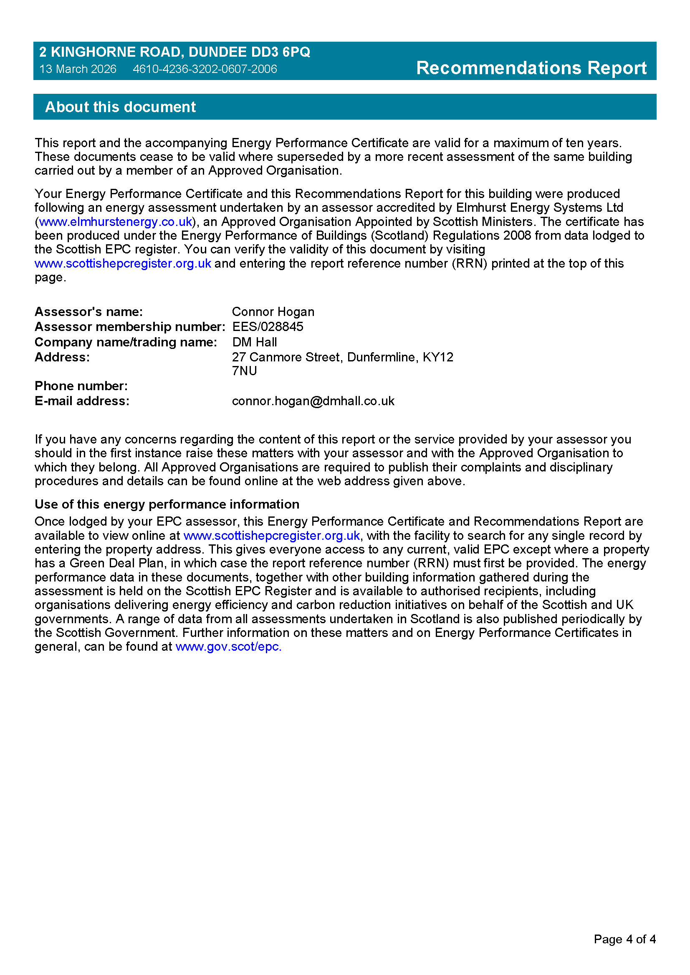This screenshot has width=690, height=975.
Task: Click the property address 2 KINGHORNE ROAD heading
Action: coord(174,52)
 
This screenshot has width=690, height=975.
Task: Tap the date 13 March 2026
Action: coord(78,69)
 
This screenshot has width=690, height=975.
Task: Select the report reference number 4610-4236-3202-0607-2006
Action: coord(205,69)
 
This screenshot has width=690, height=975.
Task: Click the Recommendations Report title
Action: coord(531,68)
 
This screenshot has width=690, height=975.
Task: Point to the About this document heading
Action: coord(120,107)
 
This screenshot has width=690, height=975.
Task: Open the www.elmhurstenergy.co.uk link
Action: coord(116,222)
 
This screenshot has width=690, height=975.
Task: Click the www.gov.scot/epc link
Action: coord(228,647)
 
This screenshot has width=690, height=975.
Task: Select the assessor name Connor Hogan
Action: coord(273,312)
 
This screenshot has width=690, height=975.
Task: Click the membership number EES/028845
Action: coord(268,326)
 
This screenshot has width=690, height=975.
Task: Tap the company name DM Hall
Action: coord(254,342)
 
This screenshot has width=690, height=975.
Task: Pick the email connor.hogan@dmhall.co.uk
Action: coord(313,401)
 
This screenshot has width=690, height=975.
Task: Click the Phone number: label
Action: coord(81,386)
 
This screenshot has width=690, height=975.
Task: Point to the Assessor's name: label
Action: coord(88,312)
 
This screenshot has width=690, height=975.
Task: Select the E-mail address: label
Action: coord(82,401)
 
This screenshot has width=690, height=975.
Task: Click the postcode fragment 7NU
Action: coord(244,371)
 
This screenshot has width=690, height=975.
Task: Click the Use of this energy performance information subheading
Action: coord(167,504)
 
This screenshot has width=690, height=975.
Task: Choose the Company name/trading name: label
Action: coord(126,342)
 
